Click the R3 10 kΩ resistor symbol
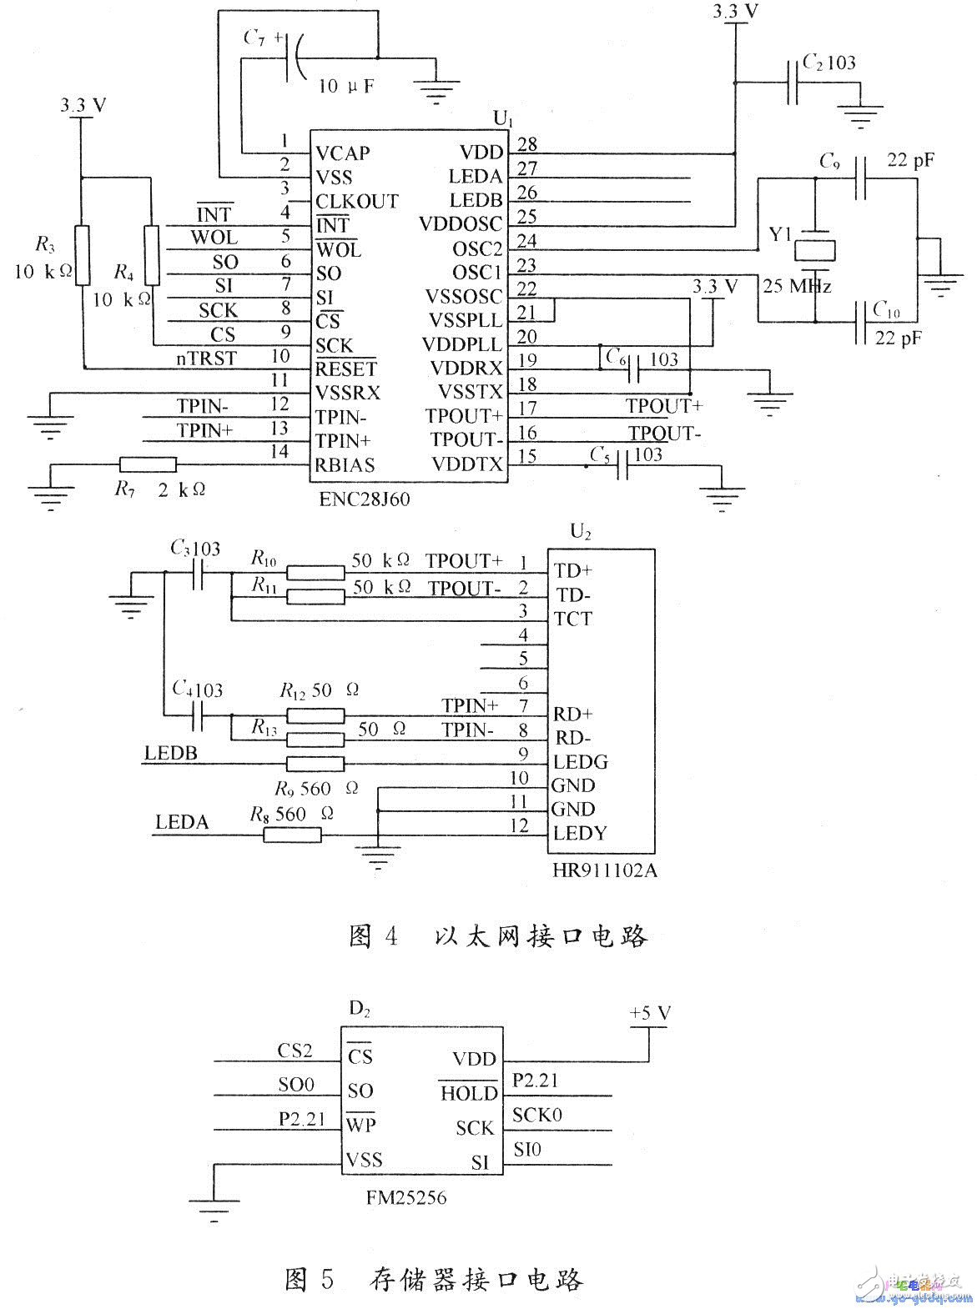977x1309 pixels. (x=82, y=255)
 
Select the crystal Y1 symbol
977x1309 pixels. (x=813, y=250)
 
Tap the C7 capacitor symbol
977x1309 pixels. (x=293, y=58)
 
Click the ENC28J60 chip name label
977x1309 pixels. (x=365, y=499)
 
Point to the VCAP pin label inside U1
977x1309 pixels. (x=342, y=153)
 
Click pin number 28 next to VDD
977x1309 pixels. (x=526, y=143)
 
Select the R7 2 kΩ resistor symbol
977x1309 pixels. (x=148, y=465)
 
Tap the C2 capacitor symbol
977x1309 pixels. (x=793, y=83)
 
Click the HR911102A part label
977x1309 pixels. (x=604, y=871)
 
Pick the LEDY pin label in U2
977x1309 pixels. (x=580, y=833)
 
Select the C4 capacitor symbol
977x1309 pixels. (x=199, y=715)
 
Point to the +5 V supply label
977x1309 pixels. (x=650, y=1014)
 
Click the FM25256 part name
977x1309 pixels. (x=405, y=1197)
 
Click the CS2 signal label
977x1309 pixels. (x=295, y=1051)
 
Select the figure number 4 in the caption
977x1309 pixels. (x=391, y=935)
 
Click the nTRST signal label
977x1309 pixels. (x=206, y=359)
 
